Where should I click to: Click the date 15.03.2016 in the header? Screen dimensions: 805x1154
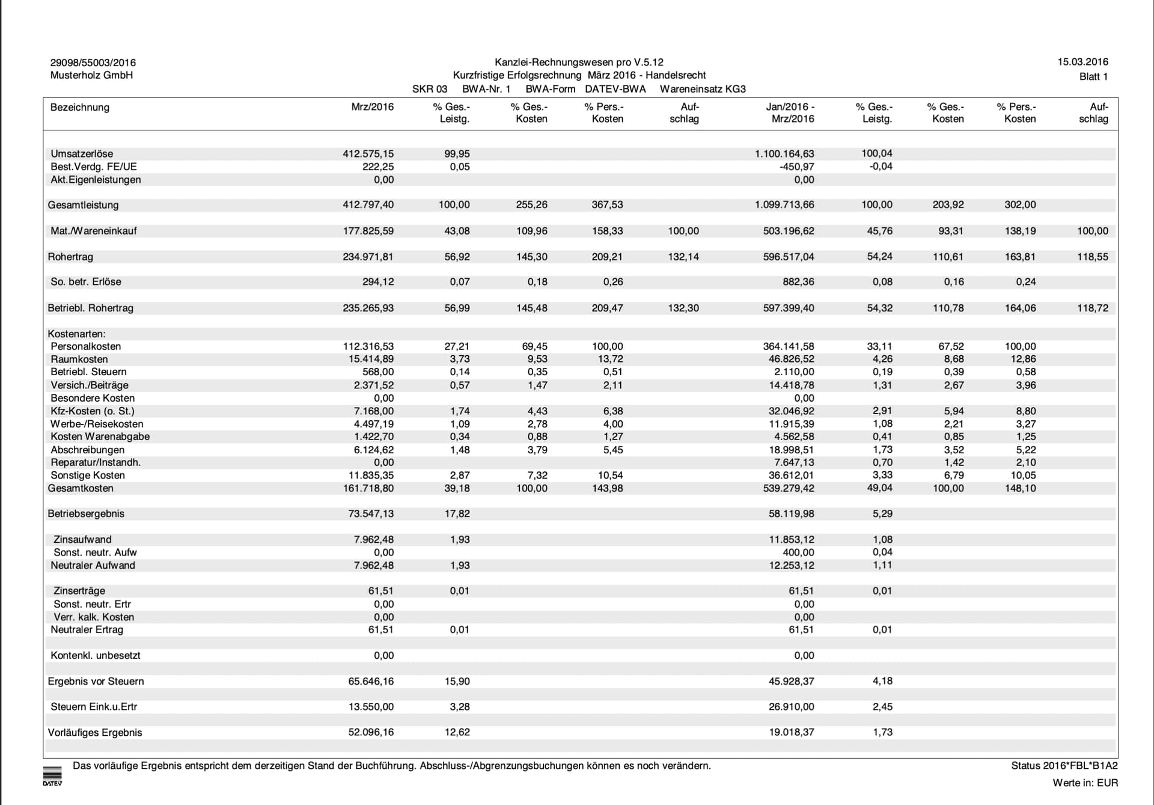tap(1082, 62)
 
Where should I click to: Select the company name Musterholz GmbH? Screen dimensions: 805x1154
tap(91, 75)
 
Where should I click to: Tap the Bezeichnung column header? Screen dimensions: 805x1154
tap(80, 108)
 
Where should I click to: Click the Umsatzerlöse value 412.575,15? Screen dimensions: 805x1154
tap(368, 154)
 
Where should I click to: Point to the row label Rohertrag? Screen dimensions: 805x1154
tap(70, 257)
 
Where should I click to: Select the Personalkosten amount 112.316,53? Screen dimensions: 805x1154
tap(368, 346)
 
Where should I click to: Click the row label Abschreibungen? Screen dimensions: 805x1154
tap(88, 450)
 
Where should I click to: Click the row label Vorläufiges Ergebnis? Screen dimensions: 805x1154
tap(95, 733)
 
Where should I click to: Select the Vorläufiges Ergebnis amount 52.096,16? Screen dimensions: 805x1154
tap(371, 732)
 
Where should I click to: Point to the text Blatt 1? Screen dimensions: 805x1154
tap(1093, 76)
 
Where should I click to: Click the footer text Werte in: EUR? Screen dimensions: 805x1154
tap(1085, 783)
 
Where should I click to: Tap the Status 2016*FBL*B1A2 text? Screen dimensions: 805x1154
tap(1064, 766)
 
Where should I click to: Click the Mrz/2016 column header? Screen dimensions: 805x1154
tap(372, 107)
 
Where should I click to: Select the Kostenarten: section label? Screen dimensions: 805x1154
tap(76, 334)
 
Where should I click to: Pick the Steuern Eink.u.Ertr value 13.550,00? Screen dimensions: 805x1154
tap(371, 707)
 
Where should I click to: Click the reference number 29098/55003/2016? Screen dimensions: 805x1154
tap(93, 63)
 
